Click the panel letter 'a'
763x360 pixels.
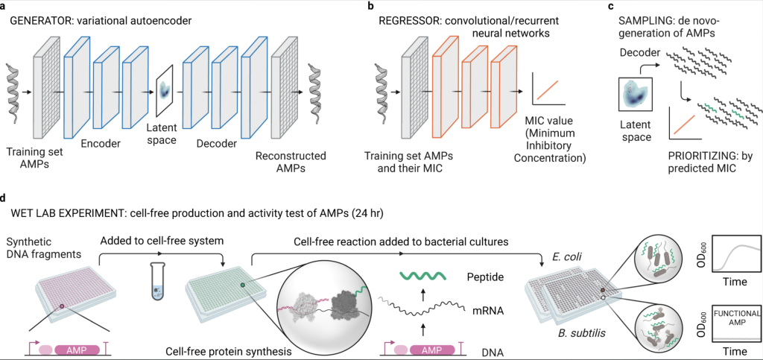pyautogui.click(x=5, y=7)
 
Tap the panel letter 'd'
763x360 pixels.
pyautogui.click(x=5, y=200)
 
